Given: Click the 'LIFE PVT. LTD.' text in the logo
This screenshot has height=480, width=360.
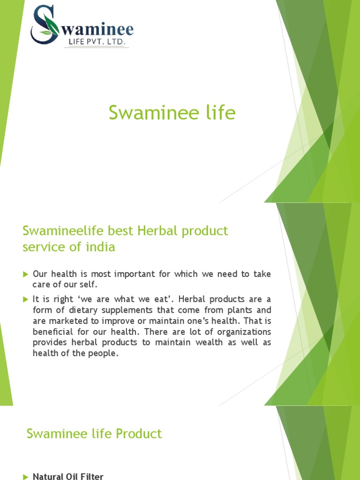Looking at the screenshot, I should (96, 43).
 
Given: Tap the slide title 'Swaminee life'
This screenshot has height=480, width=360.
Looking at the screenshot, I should (172, 113).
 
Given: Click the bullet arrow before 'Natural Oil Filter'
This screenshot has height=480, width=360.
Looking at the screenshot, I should (26, 477).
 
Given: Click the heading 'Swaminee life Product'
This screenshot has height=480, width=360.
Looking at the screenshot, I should (94, 434).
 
